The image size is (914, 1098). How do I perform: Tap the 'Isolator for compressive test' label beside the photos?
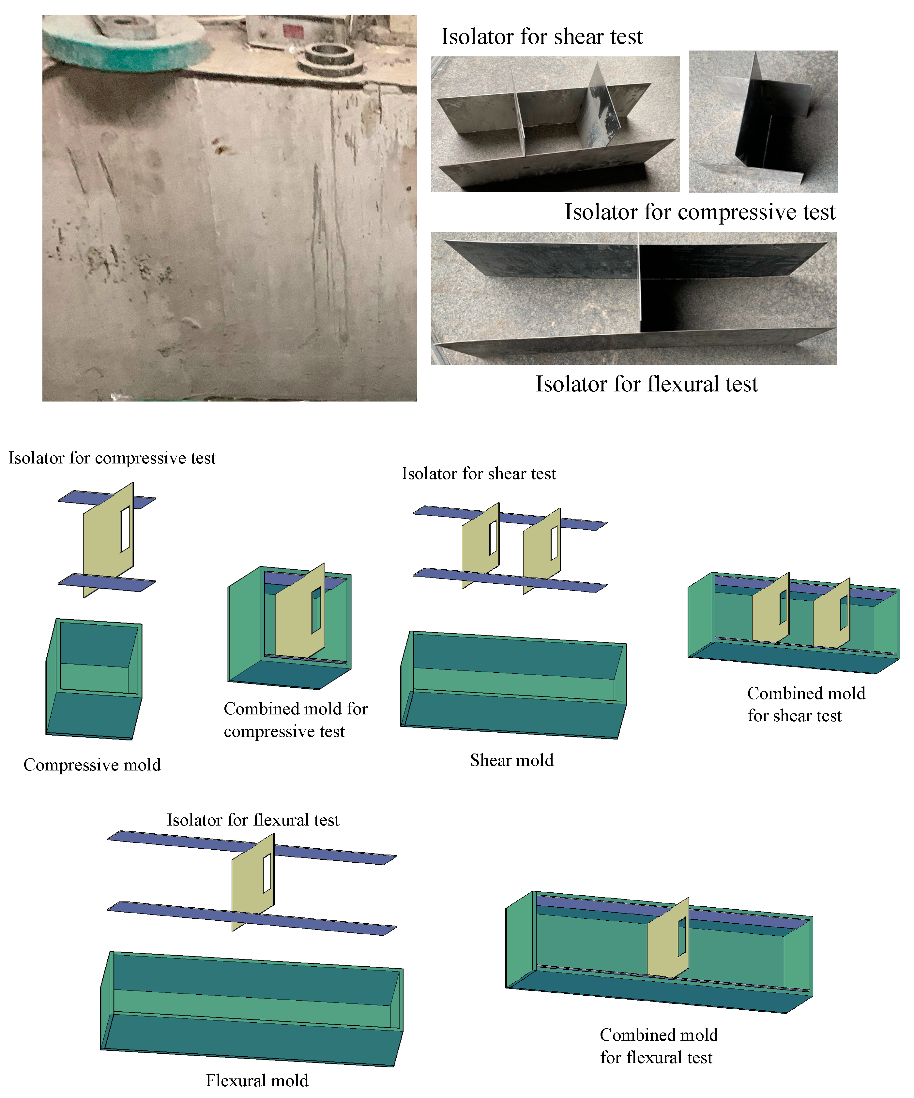[700, 212]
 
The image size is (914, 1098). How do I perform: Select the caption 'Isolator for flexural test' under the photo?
[646, 384]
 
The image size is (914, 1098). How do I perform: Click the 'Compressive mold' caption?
[92, 765]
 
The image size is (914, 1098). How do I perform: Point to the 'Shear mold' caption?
[512, 760]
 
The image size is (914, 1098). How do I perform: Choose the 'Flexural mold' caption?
[257, 1080]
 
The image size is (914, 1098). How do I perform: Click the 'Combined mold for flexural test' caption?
[659, 1046]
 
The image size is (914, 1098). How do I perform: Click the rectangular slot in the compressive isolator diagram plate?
[125, 529]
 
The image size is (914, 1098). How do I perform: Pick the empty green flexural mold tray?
[251, 1009]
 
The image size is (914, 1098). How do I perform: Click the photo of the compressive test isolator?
[763, 121]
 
